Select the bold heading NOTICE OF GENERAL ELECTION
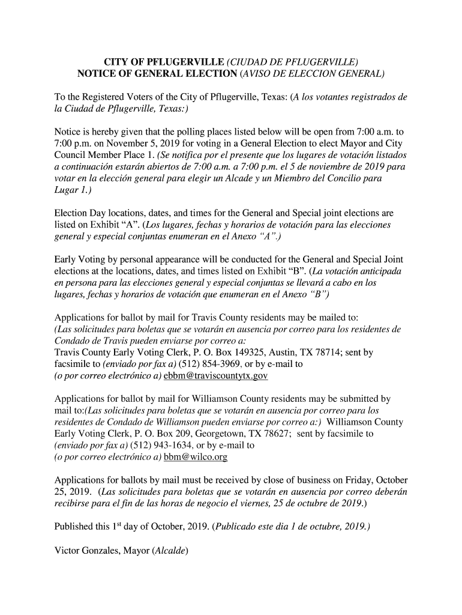pos(158,74)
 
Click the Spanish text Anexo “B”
pos(305,294)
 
